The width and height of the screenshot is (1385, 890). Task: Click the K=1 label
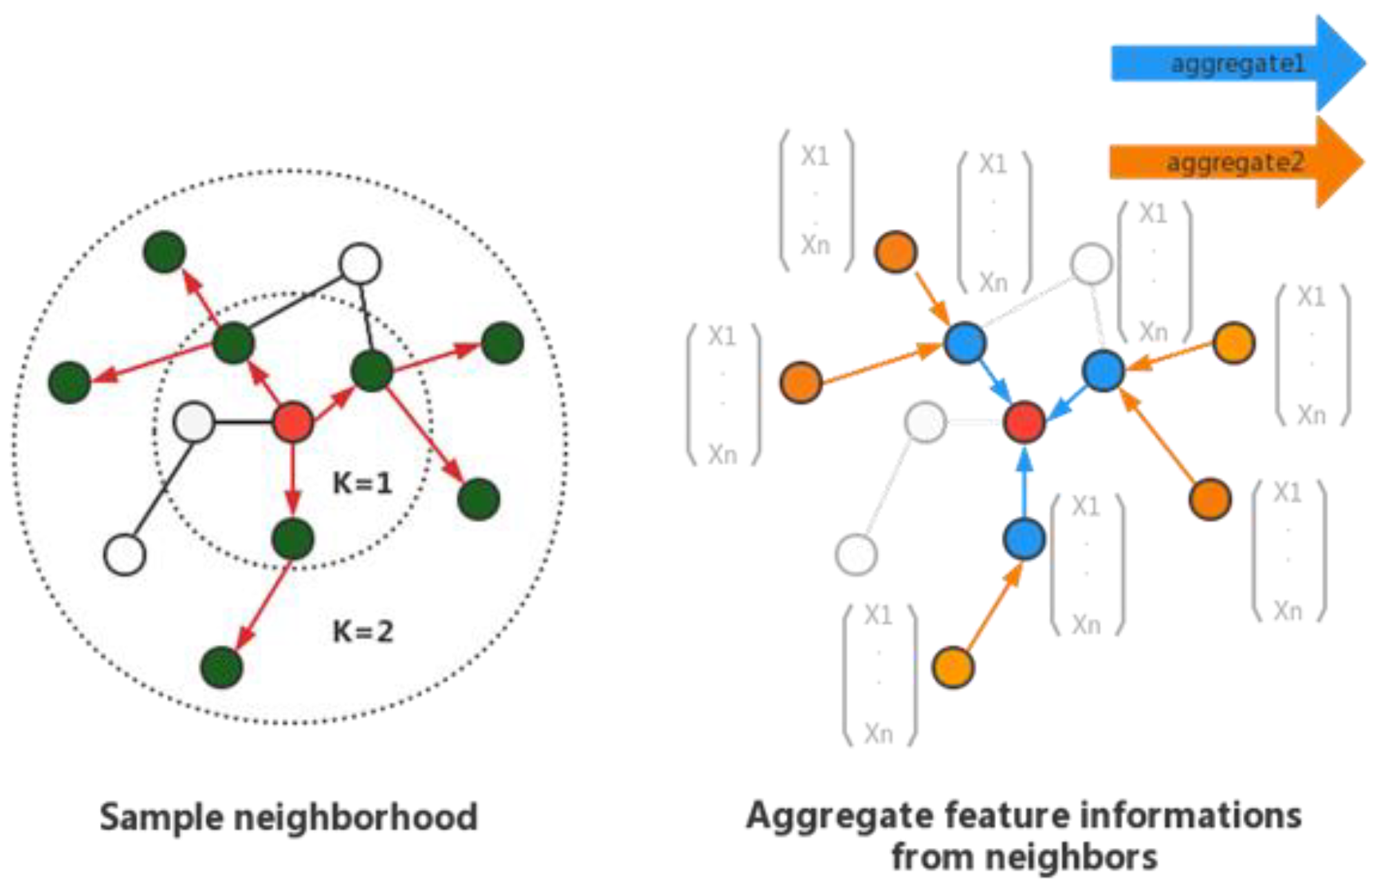coord(362,483)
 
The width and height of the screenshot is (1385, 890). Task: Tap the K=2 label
coord(363,631)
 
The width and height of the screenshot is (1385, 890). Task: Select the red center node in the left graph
coord(293,422)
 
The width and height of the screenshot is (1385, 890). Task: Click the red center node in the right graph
coord(1024,422)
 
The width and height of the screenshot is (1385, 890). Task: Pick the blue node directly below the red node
coord(1024,539)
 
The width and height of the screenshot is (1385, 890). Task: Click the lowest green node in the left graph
coord(221,667)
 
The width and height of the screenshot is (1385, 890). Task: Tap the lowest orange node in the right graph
coord(953,667)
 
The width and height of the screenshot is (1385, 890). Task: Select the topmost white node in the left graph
coord(360,264)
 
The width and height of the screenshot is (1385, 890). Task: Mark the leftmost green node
coord(70,382)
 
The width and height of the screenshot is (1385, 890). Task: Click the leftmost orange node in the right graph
coord(801,382)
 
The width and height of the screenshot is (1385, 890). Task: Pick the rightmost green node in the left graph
coord(502,343)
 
